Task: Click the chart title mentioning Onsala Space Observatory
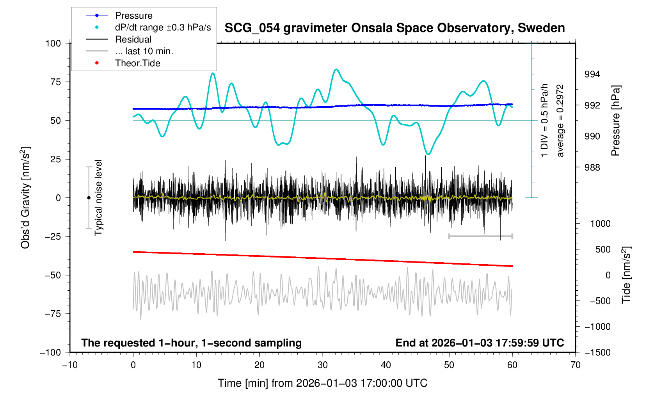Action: tap(395, 28)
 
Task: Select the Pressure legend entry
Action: tap(133, 16)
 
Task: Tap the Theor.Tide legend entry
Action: tap(137, 63)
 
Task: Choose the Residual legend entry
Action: tap(133, 39)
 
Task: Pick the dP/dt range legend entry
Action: tap(163, 27)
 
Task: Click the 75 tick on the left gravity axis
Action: tap(53, 82)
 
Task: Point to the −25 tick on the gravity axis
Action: tap(51, 236)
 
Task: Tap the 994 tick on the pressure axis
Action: tap(592, 75)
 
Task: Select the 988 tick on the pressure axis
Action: tap(592, 168)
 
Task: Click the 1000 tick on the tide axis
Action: tap(600, 224)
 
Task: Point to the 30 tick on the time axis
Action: tap(323, 365)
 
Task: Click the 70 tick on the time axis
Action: tap(575, 365)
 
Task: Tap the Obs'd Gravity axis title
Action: tap(25, 198)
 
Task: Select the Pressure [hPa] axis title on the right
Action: tap(616, 121)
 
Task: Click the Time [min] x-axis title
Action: tap(322, 383)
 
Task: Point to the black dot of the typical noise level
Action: tap(89, 198)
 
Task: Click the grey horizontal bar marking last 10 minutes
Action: tap(480, 236)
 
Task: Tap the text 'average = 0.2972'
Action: tap(560, 121)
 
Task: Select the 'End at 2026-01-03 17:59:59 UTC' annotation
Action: tap(480, 343)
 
